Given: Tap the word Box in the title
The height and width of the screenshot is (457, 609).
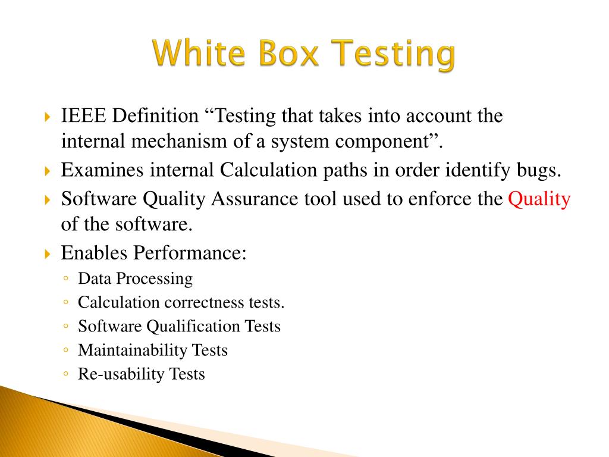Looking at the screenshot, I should pos(287,55).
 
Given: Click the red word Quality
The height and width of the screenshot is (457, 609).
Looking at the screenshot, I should pos(539,199).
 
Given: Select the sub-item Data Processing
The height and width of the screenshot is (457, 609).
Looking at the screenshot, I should pos(136,278).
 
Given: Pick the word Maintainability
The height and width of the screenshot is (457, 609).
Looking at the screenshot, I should pos(133,350).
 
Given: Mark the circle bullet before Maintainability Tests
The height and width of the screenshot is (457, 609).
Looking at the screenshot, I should pos(65,350).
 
